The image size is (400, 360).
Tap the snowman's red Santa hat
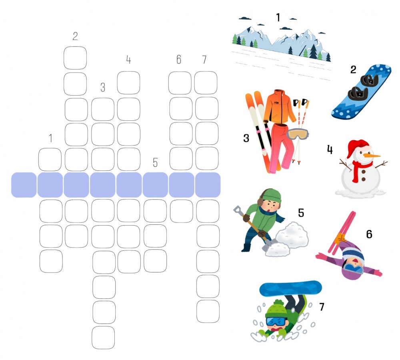coord(357,148)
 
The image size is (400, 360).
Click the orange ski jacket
coord(278,107)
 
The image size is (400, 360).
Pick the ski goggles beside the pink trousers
coord(298,134)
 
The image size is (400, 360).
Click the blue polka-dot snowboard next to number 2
coord(361,91)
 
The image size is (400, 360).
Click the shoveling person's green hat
coord(272,196)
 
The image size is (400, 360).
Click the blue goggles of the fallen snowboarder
coord(276,321)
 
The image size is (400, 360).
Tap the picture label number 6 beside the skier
coord(369,234)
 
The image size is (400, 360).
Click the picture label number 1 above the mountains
coord(278,18)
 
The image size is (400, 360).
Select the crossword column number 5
coord(155,162)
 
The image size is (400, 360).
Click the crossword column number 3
coord(103,88)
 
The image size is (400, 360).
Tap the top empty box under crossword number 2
coord(75,58)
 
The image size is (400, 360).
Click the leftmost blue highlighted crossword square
coord(24,185)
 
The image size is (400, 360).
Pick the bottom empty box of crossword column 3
coord(103,337)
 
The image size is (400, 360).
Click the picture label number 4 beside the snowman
coord(330,150)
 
